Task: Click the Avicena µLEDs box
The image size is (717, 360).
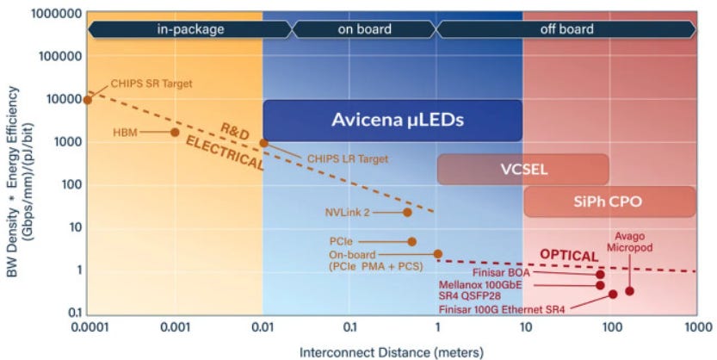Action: pos(392,121)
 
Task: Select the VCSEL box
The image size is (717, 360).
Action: pos(523,170)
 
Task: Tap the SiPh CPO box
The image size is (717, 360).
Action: pos(610,202)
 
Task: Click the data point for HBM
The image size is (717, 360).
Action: pos(175,132)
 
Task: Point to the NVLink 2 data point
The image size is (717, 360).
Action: pos(407,212)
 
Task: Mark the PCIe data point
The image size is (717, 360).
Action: pos(411,241)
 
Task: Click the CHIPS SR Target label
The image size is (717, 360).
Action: pos(151,84)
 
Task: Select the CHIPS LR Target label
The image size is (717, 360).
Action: pos(348,158)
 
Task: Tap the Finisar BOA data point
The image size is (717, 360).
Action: pos(600,275)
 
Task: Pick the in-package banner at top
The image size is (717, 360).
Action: pos(190,30)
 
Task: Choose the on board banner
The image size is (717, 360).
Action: pos(364,30)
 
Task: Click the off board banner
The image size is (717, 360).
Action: pos(566,30)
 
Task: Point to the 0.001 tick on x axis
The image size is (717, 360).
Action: pos(175,327)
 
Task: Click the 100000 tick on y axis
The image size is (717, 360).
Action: pos(61,56)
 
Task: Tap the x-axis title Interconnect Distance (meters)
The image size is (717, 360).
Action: pos(392,353)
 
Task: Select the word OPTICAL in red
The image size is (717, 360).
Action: pos(569,256)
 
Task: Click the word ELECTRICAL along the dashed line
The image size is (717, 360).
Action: pos(225,154)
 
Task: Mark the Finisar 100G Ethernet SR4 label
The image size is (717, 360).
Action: pos(502,310)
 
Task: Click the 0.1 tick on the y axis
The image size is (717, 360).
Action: pos(75,313)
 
